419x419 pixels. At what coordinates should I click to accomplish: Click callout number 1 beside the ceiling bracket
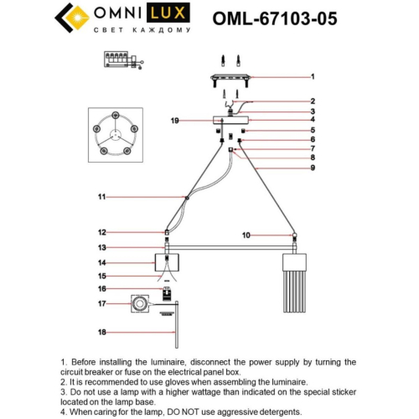(312, 76)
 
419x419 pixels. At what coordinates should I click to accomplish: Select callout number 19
(174, 122)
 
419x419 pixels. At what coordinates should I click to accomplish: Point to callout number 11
(101, 197)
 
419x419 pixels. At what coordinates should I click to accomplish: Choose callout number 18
(101, 333)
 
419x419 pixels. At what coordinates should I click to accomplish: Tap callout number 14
(101, 262)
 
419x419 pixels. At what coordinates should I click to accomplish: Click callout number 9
(312, 168)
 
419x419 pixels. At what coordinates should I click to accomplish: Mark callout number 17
(101, 303)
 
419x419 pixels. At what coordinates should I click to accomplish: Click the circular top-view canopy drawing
(111, 134)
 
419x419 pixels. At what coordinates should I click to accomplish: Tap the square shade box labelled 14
(169, 263)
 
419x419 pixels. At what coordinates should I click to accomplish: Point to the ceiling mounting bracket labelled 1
(231, 78)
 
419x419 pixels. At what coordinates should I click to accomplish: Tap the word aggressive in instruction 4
(229, 412)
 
